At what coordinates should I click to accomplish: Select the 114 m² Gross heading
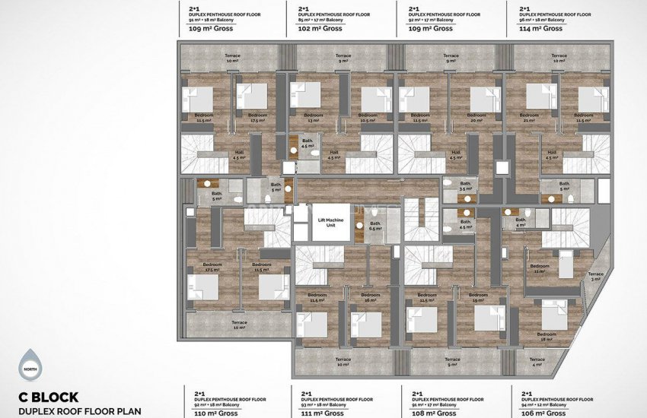[541, 29]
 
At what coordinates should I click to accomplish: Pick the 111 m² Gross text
[323, 413]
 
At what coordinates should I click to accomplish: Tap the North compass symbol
[29, 364]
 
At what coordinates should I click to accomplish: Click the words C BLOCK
[49, 397]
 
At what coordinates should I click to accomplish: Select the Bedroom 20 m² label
[478, 118]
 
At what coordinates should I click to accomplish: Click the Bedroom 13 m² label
[314, 118]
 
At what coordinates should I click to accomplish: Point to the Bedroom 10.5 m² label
[369, 118]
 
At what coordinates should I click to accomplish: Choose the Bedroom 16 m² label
[371, 298]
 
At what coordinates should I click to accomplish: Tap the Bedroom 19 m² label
[479, 298]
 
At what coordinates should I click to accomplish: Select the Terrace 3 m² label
[595, 277]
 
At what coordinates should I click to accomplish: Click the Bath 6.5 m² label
[374, 226]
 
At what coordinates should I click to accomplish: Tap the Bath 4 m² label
[521, 223]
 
